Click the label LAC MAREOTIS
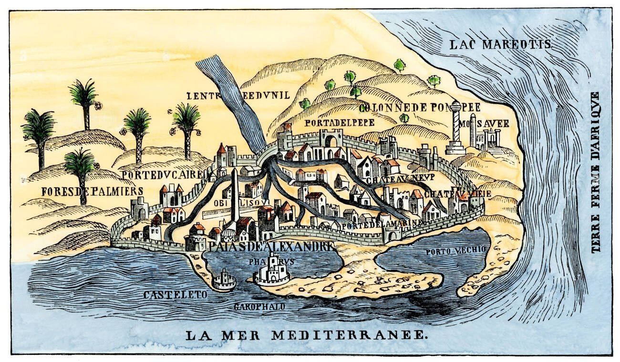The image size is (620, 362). pyautogui.click(x=500, y=45)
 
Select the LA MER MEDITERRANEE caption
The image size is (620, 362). pyautogui.click(x=306, y=334)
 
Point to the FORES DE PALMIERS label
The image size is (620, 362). pyautogui.click(x=92, y=191)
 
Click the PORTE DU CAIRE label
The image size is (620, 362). pyautogui.click(x=163, y=175)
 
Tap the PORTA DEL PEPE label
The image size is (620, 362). pyautogui.click(x=340, y=122)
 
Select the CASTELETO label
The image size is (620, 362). pyautogui.click(x=176, y=295)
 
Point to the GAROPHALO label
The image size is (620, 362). pyautogui.click(x=259, y=307)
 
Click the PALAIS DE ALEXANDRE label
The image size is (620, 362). pyautogui.click(x=270, y=247)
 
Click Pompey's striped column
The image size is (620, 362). pyautogui.click(x=455, y=126)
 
